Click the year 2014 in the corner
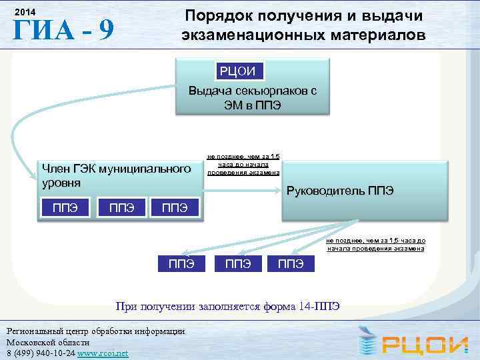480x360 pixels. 25,13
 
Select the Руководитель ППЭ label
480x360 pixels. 339,191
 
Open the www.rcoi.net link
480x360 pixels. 103,353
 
